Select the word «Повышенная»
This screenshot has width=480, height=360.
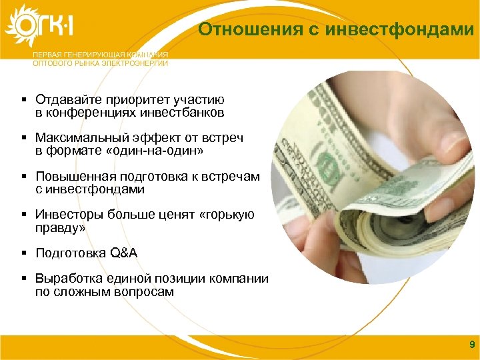pyautogui.click(x=75, y=177)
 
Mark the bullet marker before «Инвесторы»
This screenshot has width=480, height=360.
pyautogui.click(x=23, y=215)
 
